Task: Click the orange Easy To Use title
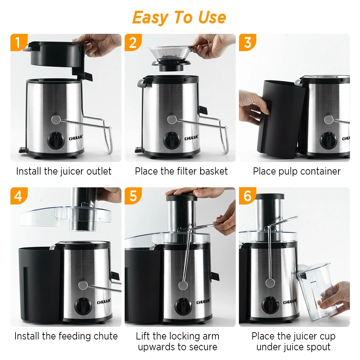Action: (x=179, y=18)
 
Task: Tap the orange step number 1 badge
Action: (x=18, y=42)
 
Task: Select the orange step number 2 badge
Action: (x=133, y=42)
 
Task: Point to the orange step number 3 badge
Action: (x=247, y=42)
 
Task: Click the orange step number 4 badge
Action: (x=18, y=196)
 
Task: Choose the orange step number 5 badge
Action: (x=133, y=196)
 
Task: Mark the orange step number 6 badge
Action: (x=247, y=196)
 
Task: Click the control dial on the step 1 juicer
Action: (x=55, y=140)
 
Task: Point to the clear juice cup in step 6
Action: (x=316, y=292)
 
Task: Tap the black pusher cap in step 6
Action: (x=270, y=197)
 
